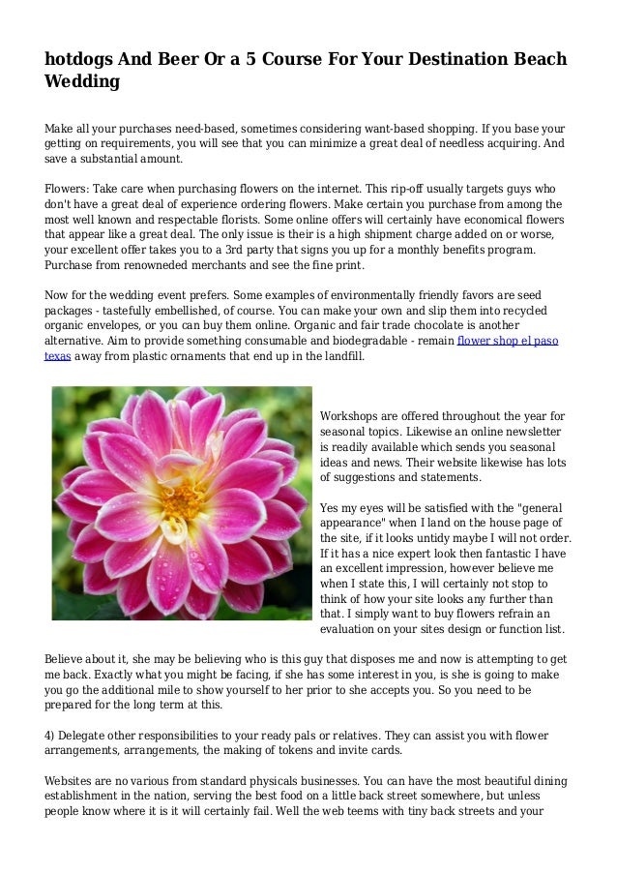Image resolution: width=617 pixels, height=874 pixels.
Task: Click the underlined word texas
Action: (x=57, y=356)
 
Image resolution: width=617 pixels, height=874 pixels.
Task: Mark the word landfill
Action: (x=340, y=356)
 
